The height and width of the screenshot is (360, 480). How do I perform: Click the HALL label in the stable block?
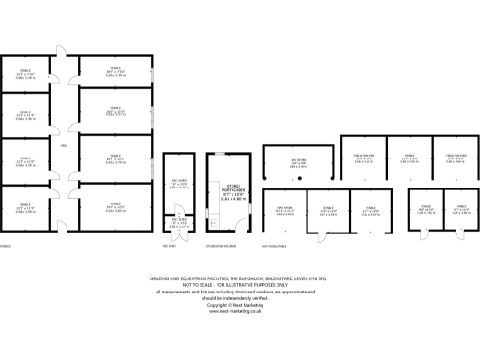[63, 148]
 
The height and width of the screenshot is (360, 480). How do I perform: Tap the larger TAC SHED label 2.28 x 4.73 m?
[177, 185]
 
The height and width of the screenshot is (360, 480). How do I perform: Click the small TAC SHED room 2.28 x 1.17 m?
[177, 223]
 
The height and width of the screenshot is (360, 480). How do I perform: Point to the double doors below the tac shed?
[177, 237]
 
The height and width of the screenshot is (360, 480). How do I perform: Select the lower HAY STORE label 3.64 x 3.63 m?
[286, 212]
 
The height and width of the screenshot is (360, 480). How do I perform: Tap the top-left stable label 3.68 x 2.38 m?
[25, 75]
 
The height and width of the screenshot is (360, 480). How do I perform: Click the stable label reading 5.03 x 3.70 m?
[114, 112]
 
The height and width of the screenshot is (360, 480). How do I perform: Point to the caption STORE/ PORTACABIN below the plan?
[220, 246]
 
